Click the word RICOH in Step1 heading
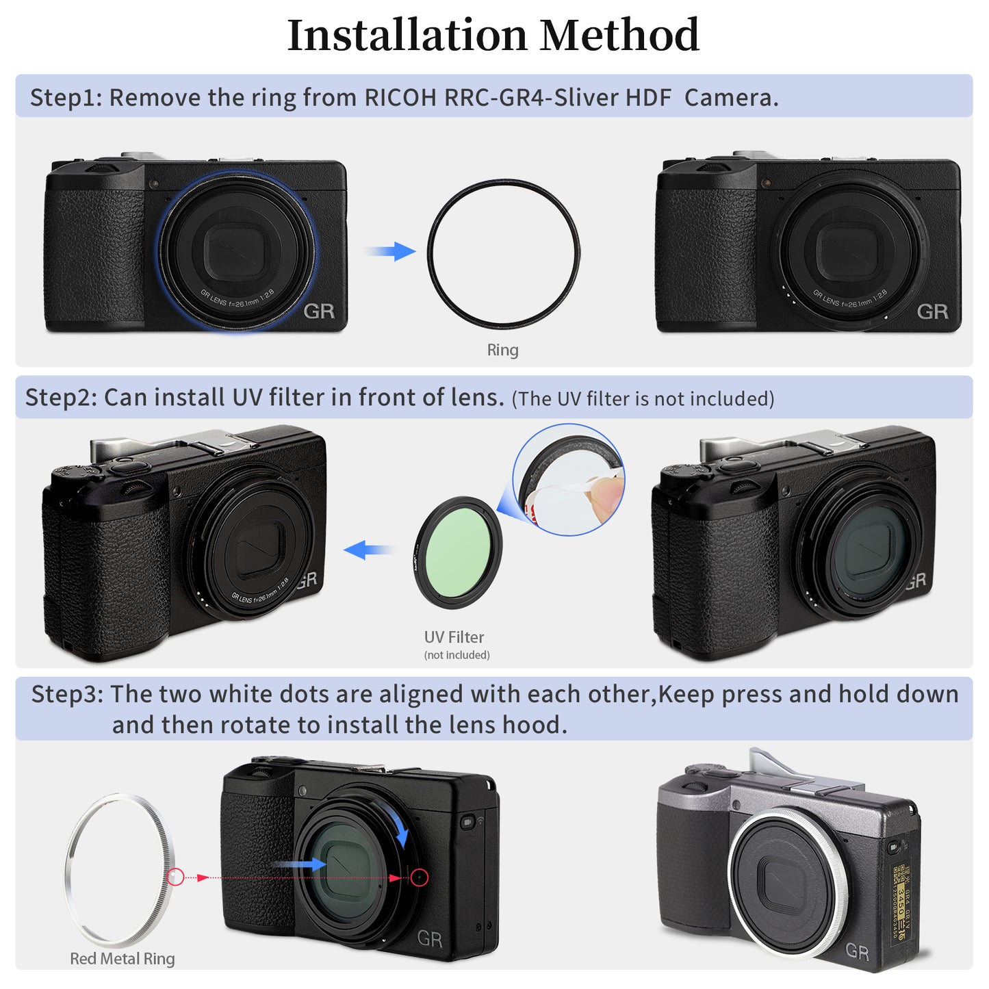pos(400,98)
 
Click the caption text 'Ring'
pos(502,350)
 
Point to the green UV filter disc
pos(457,552)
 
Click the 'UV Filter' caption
pos(454,637)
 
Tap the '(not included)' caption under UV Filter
pos(457,655)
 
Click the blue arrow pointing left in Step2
pos(368,549)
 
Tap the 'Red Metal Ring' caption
pos(123,959)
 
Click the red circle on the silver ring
pos(175,877)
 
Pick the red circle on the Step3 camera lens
pos(420,877)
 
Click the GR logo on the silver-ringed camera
pos(856,951)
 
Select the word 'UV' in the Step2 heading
pos(247,398)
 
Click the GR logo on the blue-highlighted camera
pos(319,311)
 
